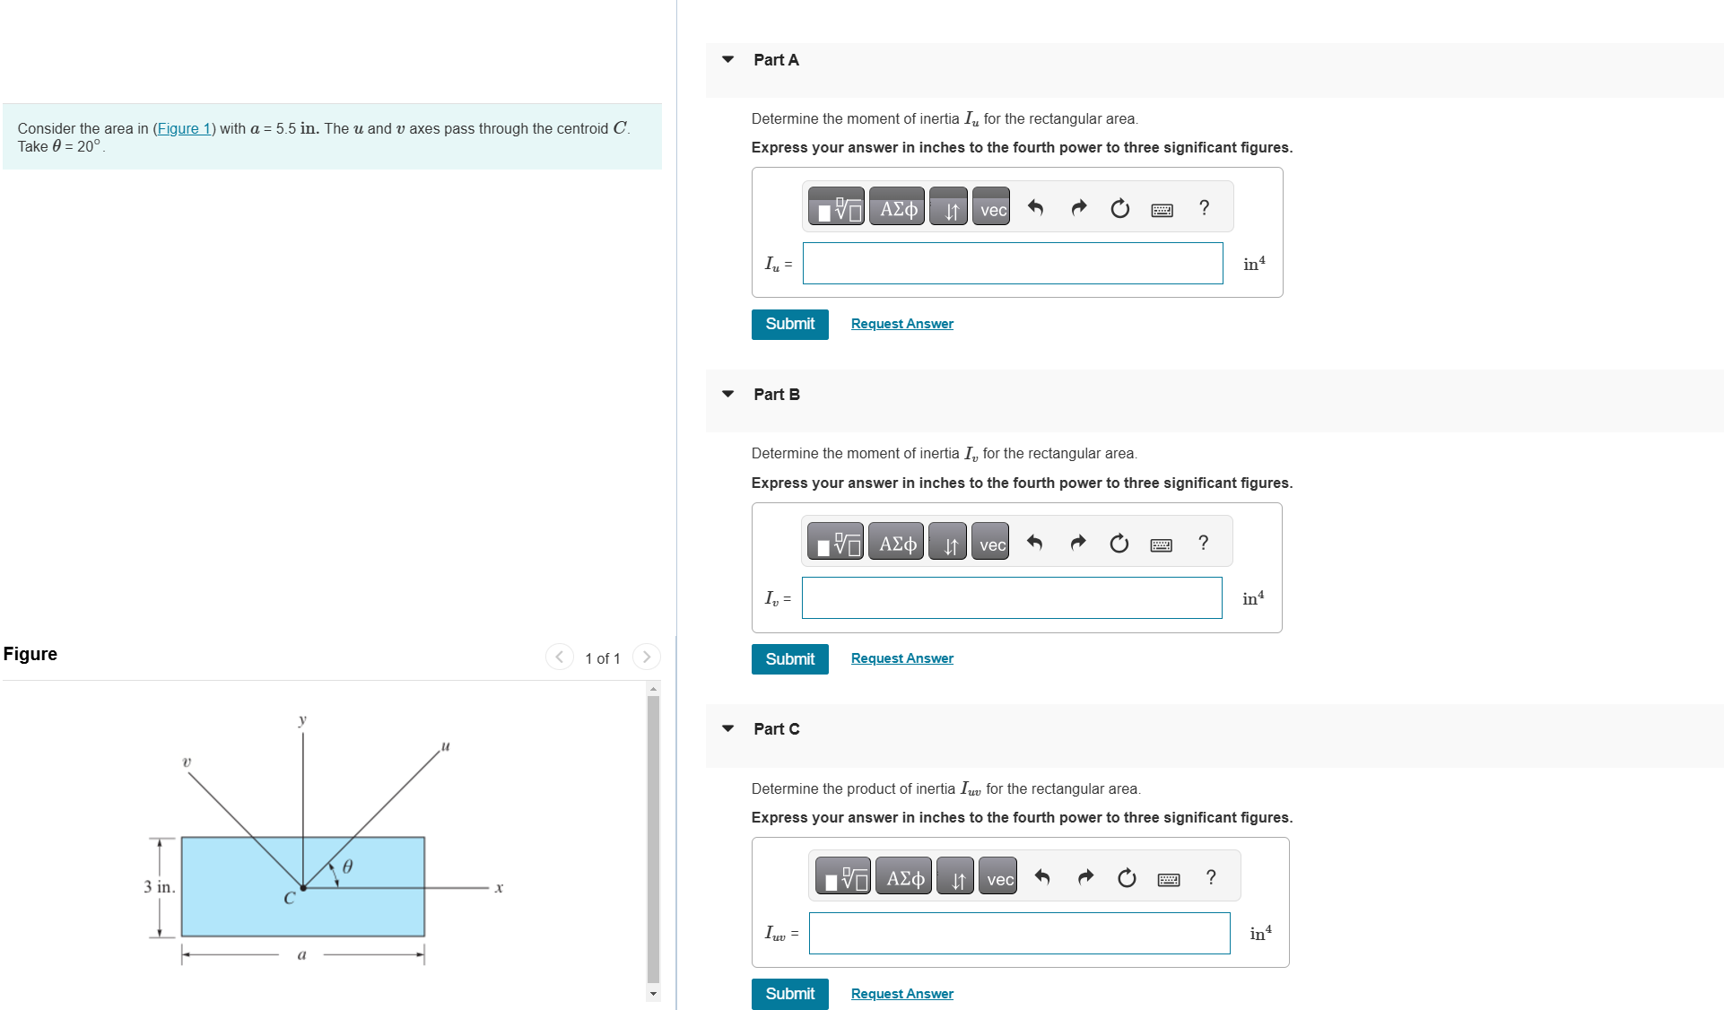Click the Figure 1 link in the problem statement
[x=184, y=128]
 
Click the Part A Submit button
[x=789, y=324]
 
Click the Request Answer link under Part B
[x=901, y=658]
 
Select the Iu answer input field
[x=1012, y=264]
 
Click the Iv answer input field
[x=1011, y=598]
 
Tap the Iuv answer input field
[x=1018, y=934]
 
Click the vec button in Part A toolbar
[x=992, y=209]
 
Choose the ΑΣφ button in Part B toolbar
[x=897, y=544]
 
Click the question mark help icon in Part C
[x=1211, y=877]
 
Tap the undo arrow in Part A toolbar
[x=1035, y=208]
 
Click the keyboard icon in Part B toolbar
[x=1161, y=544]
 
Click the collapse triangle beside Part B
[x=727, y=394]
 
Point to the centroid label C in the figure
[x=289, y=898]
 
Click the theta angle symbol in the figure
[x=348, y=866]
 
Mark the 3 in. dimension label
[x=160, y=887]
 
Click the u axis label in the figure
[x=445, y=746]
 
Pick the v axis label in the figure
[x=187, y=762]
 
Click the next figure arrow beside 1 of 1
[x=646, y=657]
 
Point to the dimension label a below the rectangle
[x=301, y=955]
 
